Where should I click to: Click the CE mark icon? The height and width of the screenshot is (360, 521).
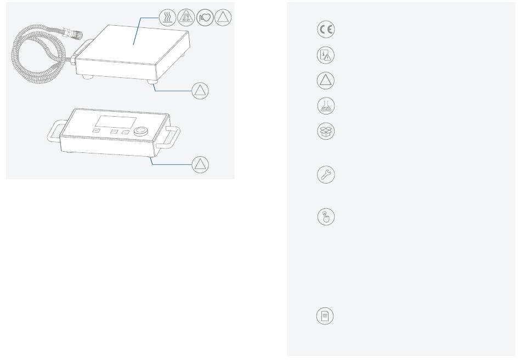tap(325, 30)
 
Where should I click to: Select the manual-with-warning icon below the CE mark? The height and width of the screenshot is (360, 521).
tap(325, 55)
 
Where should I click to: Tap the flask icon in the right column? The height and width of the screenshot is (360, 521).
tap(325, 105)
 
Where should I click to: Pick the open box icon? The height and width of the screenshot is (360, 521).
tap(325, 131)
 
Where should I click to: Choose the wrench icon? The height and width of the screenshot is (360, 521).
tap(325, 175)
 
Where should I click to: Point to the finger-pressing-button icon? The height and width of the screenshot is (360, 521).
tap(325, 217)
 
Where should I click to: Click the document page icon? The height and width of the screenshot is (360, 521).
tap(325, 316)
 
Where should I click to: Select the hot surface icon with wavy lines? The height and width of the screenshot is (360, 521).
tap(167, 18)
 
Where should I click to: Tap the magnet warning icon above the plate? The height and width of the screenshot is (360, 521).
tap(185, 18)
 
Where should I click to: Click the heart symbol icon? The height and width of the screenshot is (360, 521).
tap(204, 18)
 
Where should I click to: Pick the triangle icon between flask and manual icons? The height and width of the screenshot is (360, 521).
tap(325, 81)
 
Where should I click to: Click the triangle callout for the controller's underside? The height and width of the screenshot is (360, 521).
tap(201, 164)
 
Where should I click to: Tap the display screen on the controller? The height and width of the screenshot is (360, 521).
tap(116, 122)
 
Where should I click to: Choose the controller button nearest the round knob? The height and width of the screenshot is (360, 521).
tap(126, 132)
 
